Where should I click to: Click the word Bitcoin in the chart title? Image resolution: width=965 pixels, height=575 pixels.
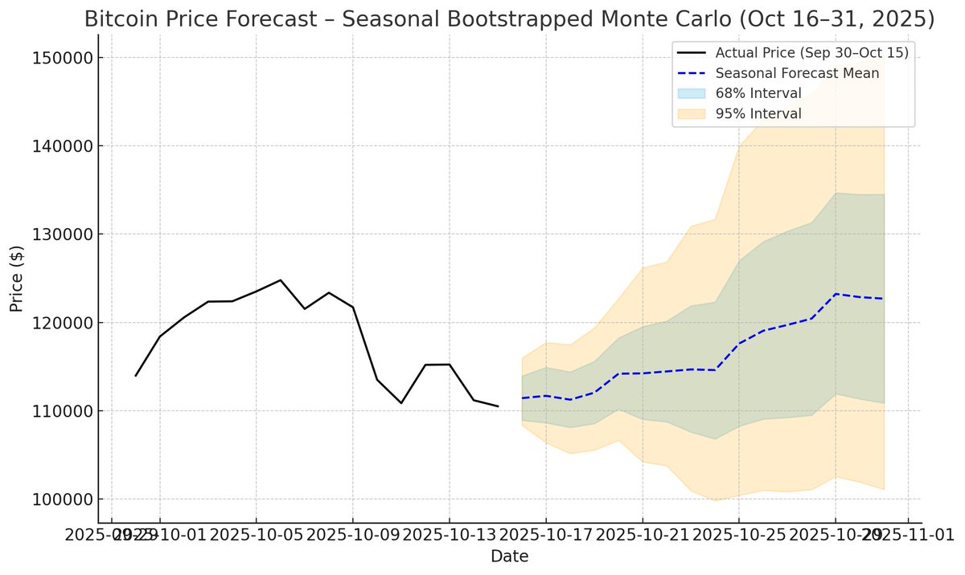[x=121, y=20]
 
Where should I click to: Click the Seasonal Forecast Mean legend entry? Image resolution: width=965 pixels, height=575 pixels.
[x=797, y=73]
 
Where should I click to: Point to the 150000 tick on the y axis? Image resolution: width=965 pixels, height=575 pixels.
[x=61, y=58]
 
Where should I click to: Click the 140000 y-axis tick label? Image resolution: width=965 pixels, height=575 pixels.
[x=61, y=146]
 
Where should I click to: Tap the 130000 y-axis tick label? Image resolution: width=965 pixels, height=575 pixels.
[x=61, y=234]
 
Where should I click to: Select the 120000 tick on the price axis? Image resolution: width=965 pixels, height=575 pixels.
[x=61, y=323]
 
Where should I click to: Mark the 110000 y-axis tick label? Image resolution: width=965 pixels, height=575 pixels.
[x=61, y=411]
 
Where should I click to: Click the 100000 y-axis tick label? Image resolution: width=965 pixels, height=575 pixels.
[x=61, y=500]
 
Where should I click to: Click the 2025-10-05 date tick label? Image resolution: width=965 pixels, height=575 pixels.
[x=256, y=534]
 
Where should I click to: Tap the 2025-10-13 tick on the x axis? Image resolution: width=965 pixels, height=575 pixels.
[x=449, y=534]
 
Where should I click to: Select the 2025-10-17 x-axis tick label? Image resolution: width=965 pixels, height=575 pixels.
[x=545, y=534]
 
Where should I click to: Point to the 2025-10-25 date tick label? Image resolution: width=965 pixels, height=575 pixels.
[x=739, y=534]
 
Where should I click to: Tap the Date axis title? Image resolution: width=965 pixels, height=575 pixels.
[x=509, y=556]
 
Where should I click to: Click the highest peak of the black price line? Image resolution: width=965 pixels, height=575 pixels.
[x=280, y=280]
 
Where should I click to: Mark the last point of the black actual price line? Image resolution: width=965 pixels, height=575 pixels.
[x=498, y=406]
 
